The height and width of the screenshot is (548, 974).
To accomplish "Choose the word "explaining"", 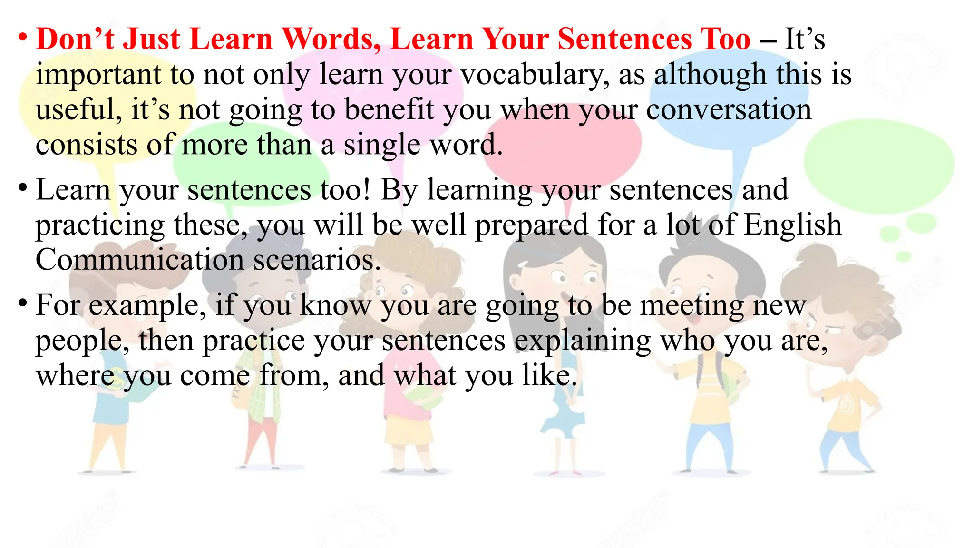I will click(x=583, y=342).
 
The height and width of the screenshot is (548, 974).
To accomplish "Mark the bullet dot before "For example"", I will click(x=22, y=303).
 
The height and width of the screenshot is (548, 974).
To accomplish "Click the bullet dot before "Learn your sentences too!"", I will click(x=22, y=187).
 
